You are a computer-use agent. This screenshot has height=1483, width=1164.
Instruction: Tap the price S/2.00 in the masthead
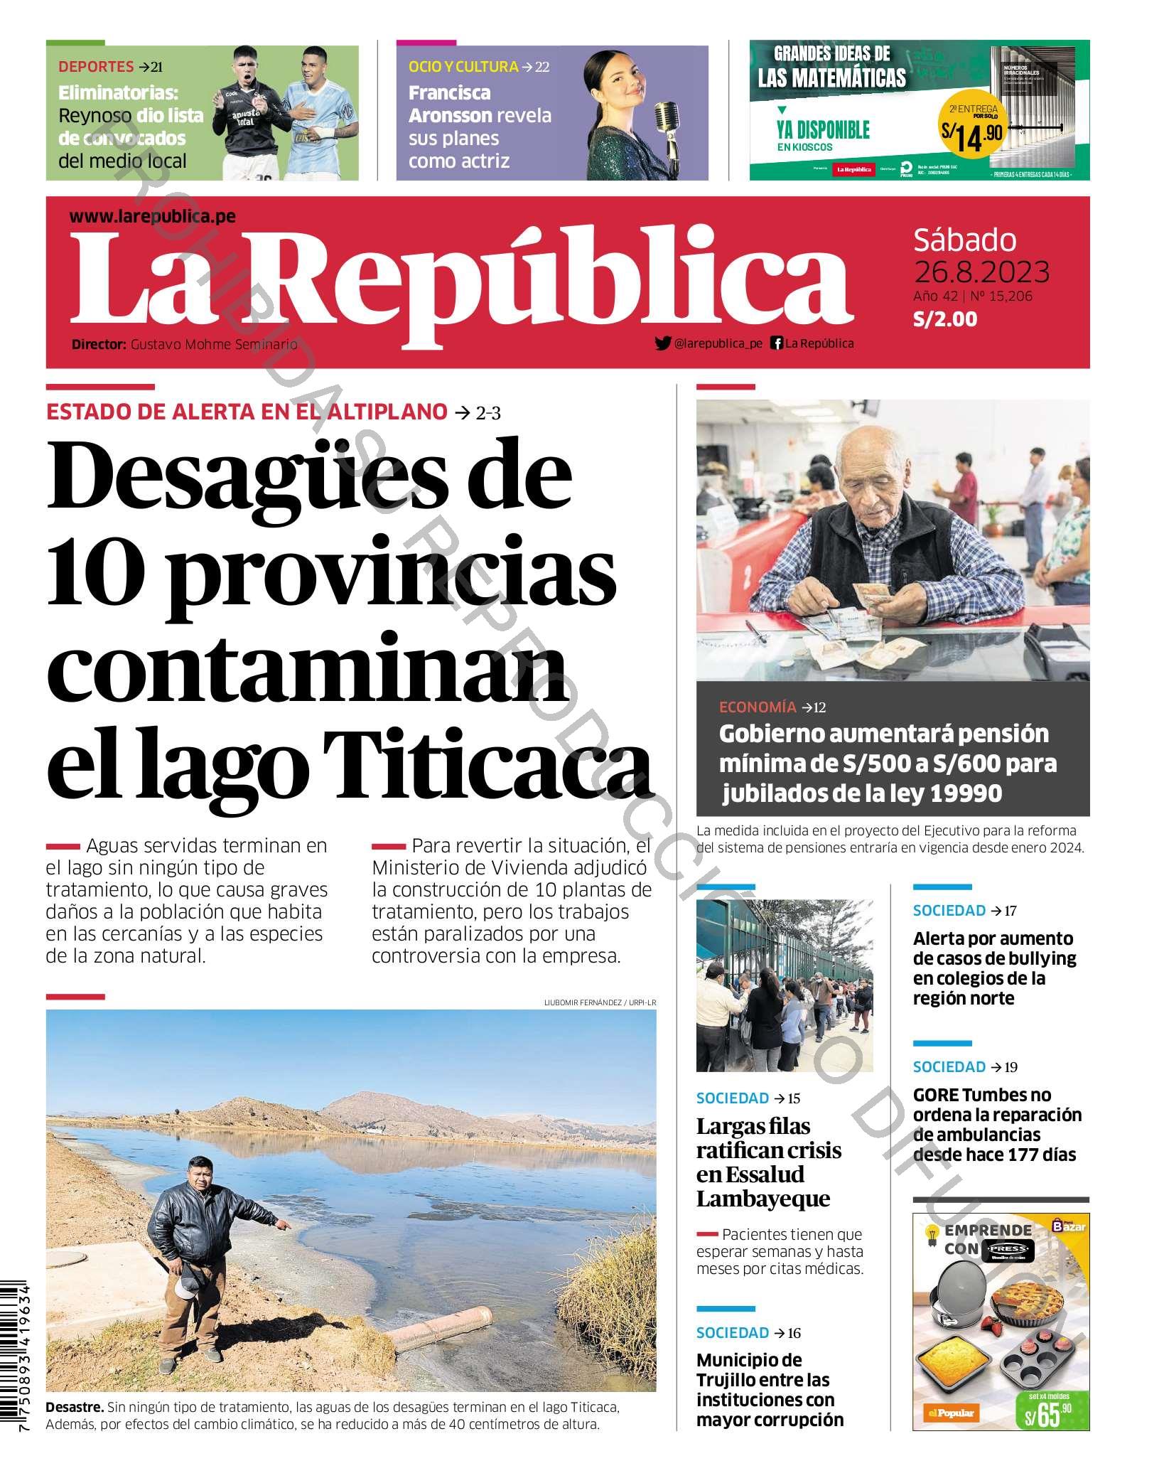tap(944, 319)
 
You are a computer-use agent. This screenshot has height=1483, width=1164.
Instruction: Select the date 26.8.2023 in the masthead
tap(981, 271)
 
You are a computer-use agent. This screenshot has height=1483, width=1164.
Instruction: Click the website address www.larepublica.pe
tap(153, 217)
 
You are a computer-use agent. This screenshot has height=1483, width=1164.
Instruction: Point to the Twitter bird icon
tap(662, 343)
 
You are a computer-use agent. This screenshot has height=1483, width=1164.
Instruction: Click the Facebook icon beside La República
tap(777, 343)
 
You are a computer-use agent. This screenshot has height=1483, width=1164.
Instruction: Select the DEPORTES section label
tap(96, 67)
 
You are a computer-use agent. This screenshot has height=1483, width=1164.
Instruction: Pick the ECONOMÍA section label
tap(758, 707)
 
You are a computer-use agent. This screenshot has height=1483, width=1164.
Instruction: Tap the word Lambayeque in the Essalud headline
tap(762, 1199)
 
